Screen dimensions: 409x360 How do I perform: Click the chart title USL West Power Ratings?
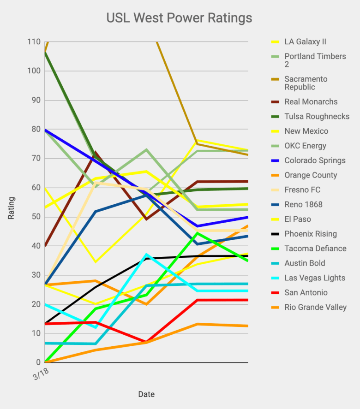179,18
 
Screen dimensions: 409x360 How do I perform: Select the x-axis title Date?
146,394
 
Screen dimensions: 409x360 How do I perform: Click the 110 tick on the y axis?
34,42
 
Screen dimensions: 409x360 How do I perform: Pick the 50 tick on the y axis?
36,217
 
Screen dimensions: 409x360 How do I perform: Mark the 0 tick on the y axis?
38,362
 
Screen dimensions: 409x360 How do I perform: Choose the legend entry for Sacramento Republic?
306,83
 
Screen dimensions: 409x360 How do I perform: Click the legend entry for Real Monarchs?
311,102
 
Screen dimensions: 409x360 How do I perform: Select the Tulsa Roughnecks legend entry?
317,117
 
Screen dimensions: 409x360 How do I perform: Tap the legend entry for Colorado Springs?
315,160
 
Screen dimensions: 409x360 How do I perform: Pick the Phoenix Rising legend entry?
310,234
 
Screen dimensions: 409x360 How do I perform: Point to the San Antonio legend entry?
306,292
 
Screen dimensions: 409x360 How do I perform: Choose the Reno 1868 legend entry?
303,204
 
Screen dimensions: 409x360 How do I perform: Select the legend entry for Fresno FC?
302,190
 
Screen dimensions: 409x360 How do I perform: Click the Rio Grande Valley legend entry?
315,307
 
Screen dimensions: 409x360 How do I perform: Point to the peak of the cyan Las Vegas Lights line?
147,254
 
